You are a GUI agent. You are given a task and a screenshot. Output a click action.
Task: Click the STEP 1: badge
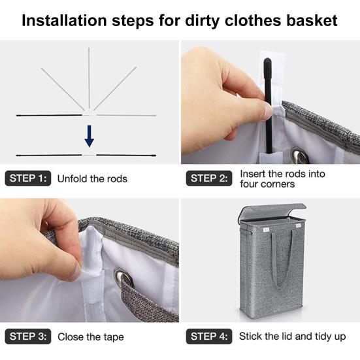(28, 178)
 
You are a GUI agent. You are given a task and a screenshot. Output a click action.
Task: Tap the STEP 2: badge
(209, 178)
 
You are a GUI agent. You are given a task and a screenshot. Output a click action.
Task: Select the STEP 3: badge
(28, 336)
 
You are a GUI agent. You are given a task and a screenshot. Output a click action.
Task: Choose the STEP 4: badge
(209, 336)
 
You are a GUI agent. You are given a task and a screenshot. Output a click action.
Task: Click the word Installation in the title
(64, 20)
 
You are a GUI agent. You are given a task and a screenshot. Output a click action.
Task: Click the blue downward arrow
(89, 136)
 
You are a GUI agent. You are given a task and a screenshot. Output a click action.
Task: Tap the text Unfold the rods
(92, 178)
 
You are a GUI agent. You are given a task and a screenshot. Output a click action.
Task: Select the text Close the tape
(91, 337)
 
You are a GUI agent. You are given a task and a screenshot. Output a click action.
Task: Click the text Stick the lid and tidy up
(293, 336)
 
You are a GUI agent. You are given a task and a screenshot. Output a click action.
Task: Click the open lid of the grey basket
(271, 212)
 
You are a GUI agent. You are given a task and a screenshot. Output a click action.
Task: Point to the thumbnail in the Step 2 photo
(267, 109)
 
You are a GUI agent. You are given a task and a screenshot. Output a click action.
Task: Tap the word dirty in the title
(202, 21)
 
